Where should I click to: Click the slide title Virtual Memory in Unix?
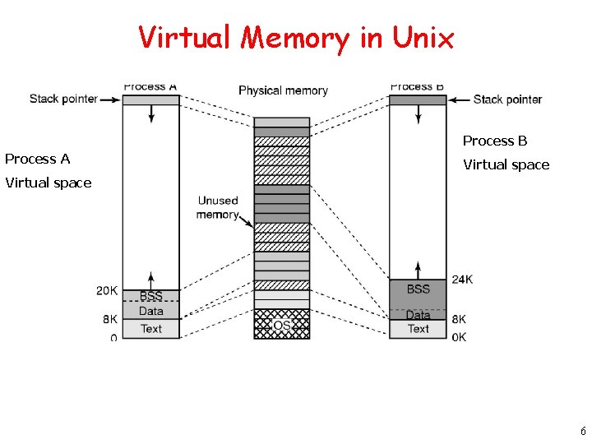(x=296, y=38)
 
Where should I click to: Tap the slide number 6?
(x=582, y=432)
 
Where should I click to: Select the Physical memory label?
(x=283, y=90)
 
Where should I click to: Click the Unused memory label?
(x=217, y=207)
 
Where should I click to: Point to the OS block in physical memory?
(x=282, y=326)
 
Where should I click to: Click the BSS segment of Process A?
(x=150, y=296)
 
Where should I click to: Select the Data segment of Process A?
(x=150, y=311)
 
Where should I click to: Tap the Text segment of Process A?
(x=150, y=329)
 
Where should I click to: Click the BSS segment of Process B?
(x=418, y=289)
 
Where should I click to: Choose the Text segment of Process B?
(x=418, y=329)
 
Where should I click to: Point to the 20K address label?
(x=107, y=290)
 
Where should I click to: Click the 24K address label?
(x=462, y=280)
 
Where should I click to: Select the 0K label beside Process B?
(x=459, y=337)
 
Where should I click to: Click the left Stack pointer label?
(x=63, y=99)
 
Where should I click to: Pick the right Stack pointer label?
(x=507, y=99)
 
